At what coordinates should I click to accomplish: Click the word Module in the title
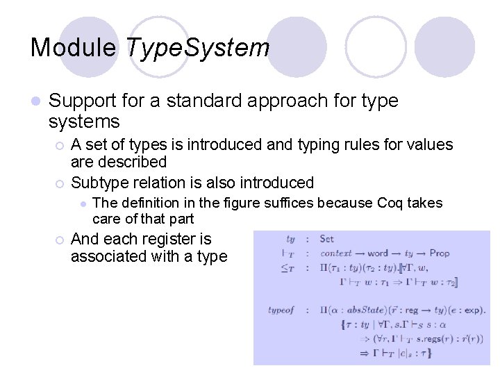75,47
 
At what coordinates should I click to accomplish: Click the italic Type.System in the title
198,47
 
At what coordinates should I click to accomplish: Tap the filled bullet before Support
35,101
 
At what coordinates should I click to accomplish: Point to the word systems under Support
84,122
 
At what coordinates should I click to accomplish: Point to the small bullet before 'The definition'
82,203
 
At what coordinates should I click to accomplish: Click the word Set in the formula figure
327,239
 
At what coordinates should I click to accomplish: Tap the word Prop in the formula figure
440,253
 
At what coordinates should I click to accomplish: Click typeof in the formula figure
281,310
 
